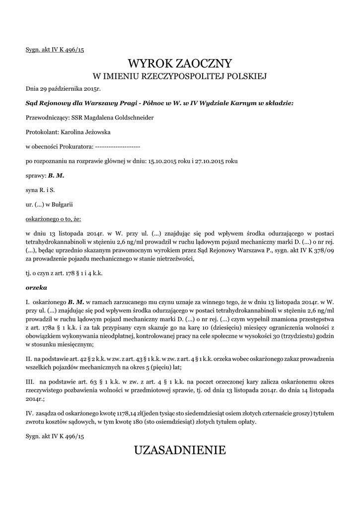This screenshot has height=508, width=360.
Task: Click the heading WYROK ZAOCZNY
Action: [180, 63]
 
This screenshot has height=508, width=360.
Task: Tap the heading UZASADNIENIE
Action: [180, 450]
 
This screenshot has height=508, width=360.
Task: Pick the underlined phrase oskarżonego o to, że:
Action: [53, 218]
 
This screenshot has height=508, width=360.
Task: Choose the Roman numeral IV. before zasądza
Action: [29, 413]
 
